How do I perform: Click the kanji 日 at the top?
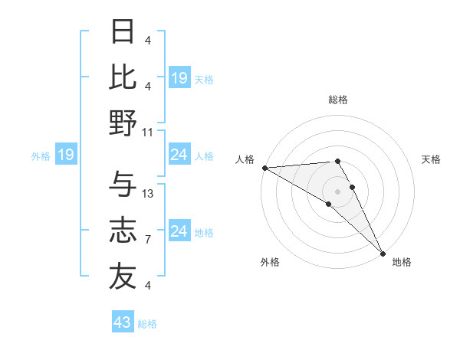[x=123, y=31]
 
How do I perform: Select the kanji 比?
[x=123, y=78]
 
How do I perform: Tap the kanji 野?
[x=123, y=124]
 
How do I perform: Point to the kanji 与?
[x=123, y=185]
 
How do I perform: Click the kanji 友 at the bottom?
[x=123, y=277]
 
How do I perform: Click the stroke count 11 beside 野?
[x=148, y=132]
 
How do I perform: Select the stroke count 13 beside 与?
[x=148, y=194]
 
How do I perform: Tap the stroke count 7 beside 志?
[x=147, y=240]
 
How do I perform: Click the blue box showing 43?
[x=123, y=322]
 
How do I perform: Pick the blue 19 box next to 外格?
[x=65, y=155]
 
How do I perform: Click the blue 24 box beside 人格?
[x=179, y=155]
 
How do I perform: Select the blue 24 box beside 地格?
[x=179, y=231]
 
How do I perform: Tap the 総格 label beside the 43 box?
[x=147, y=324]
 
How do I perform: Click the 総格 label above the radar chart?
[x=337, y=100]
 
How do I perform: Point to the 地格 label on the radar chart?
[x=402, y=262]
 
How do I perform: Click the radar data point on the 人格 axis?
[x=264, y=168]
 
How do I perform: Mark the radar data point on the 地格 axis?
[x=383, y=252]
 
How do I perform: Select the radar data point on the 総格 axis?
[x=337, y=161]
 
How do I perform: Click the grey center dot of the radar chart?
[x=337, y=191]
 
